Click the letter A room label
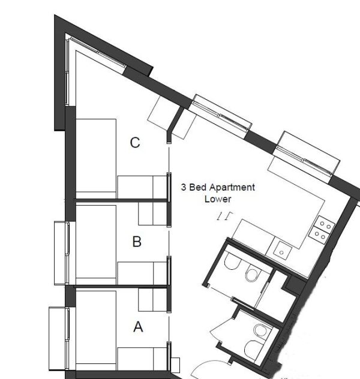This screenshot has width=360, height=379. pos(138,327)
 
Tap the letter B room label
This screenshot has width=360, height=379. pos(137,242)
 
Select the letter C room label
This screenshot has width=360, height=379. pos(135,143)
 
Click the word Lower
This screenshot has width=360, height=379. pos(218,199)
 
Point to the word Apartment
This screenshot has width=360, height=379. pos(232,188)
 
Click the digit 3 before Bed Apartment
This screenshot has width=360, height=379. pos(184,187)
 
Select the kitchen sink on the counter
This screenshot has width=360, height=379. pos(281,251)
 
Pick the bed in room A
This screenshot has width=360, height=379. pos(96,330)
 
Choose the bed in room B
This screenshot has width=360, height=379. pos(96,245)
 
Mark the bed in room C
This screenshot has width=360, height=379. pos(96,158)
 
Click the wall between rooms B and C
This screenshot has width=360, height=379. pos(121,200)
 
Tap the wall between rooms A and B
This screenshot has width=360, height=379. pos(121,287)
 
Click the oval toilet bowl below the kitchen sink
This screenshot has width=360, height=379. pos(252,273)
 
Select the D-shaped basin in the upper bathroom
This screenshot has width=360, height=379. pos(233,260)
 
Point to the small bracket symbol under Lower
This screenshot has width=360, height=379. pos(225,216)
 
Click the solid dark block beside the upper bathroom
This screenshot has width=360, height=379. pos(294,284)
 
